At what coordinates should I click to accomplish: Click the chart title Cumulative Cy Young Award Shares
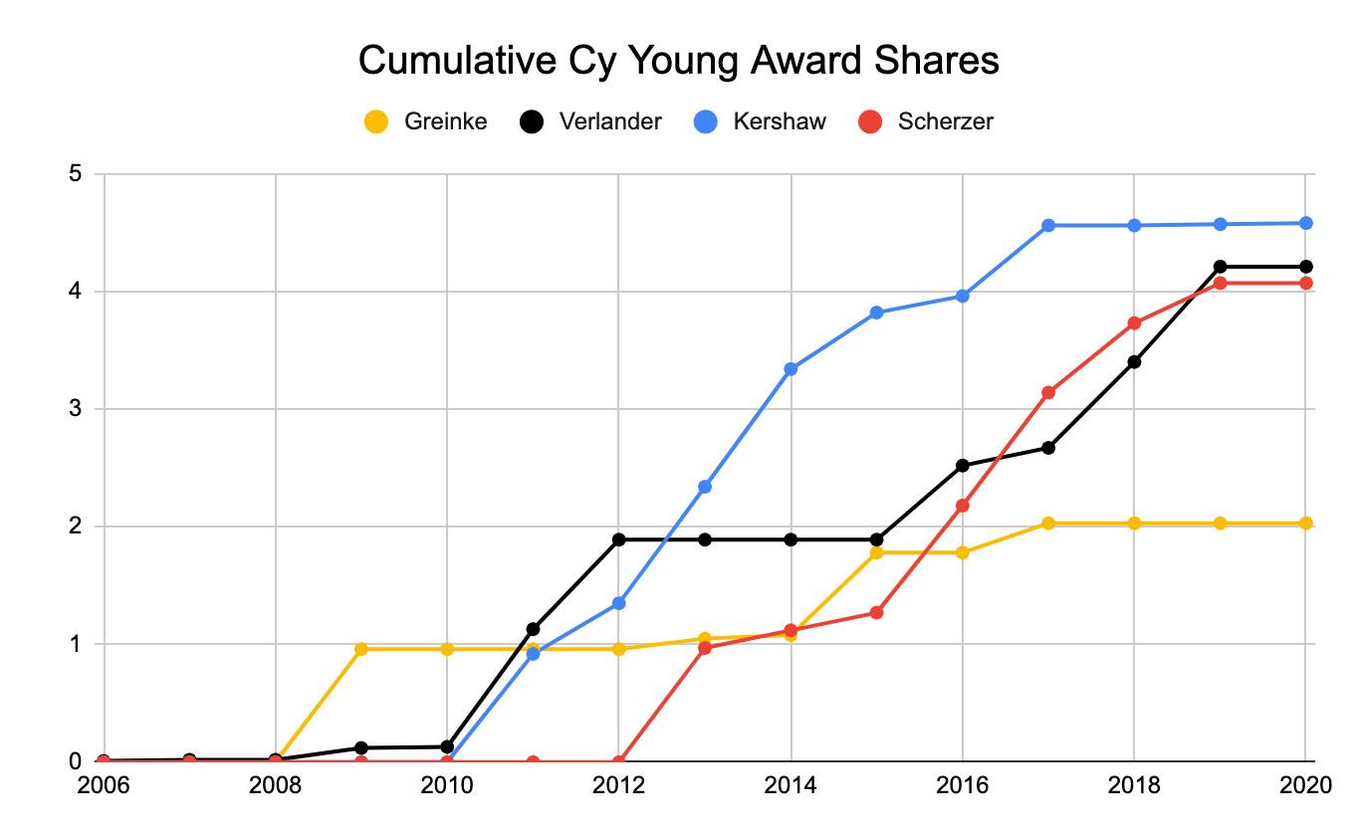(x=678, y=61)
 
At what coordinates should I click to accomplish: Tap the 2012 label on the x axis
(x=619, y=784)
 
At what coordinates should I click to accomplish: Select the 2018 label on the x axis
(x=1134, y=784)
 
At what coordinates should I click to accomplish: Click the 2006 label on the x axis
(x=104, y=784)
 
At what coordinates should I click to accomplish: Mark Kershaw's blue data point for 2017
(x=1048, y=226)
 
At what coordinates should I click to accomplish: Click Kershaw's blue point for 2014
(x=791, y=369)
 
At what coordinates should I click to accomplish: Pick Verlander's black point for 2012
(x=619, y=539)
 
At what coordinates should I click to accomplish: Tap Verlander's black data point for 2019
(x=1220, y=267)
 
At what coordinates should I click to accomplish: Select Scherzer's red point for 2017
(x=1048, y=392)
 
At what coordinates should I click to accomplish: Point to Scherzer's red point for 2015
(x=876, y=612)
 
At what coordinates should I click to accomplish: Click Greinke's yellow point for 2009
(x=361, y=649)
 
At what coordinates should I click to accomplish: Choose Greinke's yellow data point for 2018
(x=1134, y=524)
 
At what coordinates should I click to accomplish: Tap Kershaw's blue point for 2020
(x=1306, y=223)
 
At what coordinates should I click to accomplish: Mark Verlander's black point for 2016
(x=963, y=466)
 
